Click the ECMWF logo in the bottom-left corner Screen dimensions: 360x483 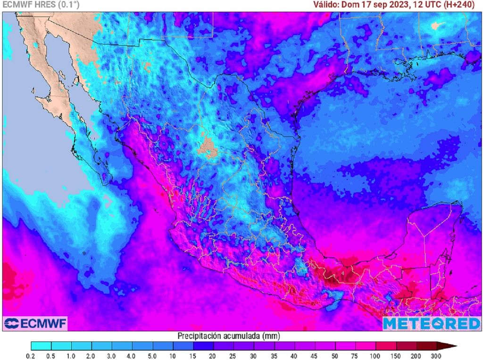click(35, 323)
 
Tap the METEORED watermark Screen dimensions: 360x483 click(431, 323)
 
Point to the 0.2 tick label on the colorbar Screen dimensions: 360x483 click(31, 356)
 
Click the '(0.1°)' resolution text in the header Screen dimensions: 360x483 click(68, 5)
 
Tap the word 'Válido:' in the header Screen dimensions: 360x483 click(326, 5)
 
